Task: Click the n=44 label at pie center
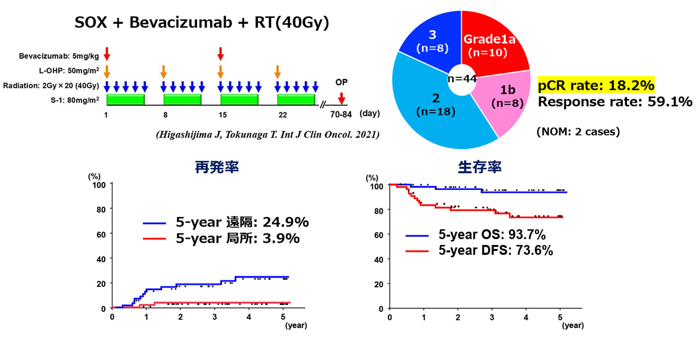click(x=462, y=79)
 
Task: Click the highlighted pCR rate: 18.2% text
click(x=596, y=85)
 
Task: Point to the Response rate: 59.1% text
click(x=615, y=102)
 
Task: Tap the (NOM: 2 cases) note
click(x=578, y=132)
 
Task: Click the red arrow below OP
click(x=342, y=98)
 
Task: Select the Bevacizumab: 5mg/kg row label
click(x=59, y=56)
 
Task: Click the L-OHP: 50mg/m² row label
click(x=69, y=71)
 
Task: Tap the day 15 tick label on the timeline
click(x=222, y=115)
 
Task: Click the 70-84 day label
click(x=341, y=115)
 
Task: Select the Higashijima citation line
click(x=268, y=134)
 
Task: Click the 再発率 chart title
click(x=217, y=167)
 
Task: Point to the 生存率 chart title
click(x=480, y=167)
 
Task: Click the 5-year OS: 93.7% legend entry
click(x=476, y=235)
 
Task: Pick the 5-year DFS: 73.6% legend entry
click(x=480, y=250)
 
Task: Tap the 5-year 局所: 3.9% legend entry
click(x=221, y=238)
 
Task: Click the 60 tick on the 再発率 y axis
click(x=101, y=235)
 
